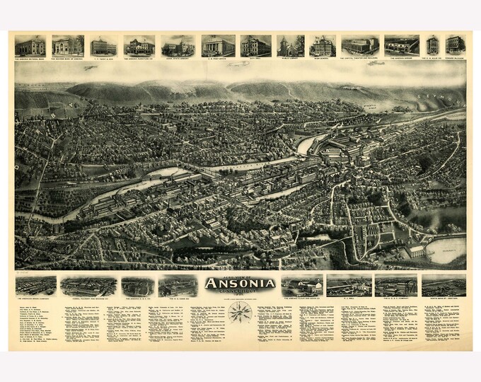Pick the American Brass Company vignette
(x=36, y=286)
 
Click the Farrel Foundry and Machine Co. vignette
(x=88, y=286)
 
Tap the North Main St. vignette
(x=444, y=286)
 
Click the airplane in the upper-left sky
(x=89, y=69)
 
